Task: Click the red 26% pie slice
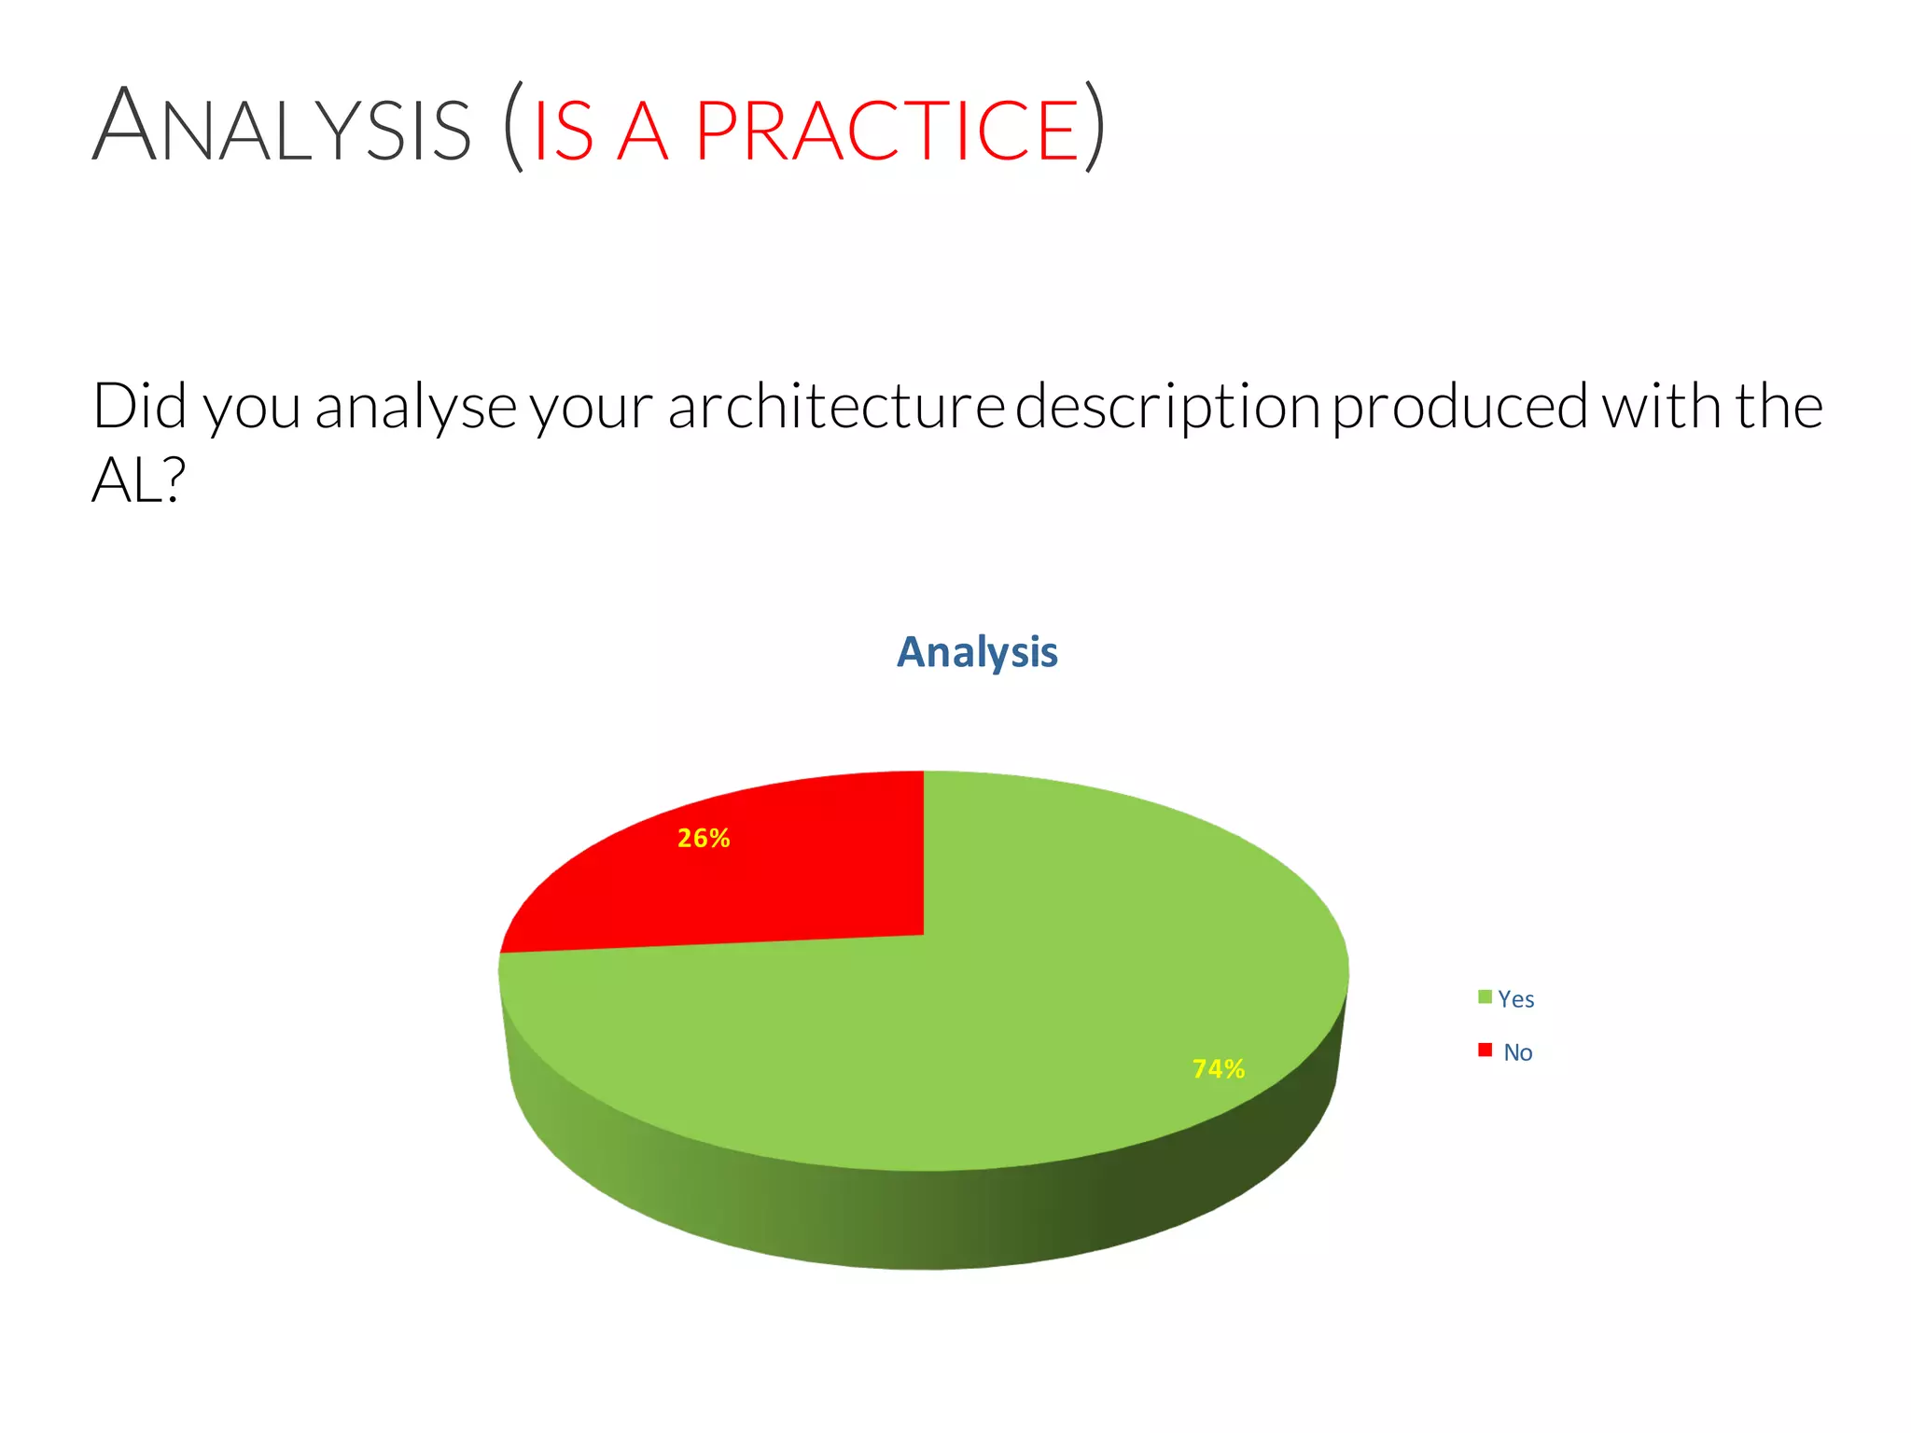tap(793, 886)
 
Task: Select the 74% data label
tap(1218, 1069)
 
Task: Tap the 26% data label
tap(704, 839)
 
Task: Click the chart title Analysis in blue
tap(977, 652)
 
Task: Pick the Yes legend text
tap(1515, 999)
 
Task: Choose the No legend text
tap(1517, 1053)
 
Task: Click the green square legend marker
tap(1485, 997)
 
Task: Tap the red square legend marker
tap(1485, 1050)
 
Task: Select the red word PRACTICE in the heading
tap(886, 131)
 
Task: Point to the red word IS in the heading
tap(563, 131)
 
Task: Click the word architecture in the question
tap(835, 408)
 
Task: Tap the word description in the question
tap(1166, 408)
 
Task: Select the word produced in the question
tap(1460, 408)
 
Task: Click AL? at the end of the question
tap(138, 481)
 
